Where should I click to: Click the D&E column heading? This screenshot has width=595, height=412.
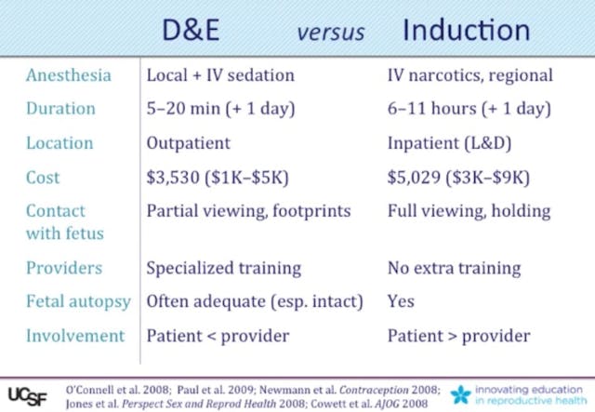(x=192, y=30)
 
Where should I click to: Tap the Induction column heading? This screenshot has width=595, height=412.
(x=466, y=30)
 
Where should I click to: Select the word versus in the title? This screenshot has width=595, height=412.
(x=330, y=33)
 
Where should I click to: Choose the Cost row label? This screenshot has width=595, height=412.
(x=43, y=177)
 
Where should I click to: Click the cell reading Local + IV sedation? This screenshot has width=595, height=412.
(x=220, y=75)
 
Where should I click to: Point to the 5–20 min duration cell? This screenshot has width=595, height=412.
(x=220, y=109)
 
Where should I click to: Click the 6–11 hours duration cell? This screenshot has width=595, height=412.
(x=470, y=109)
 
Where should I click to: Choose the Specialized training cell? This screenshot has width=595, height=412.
(x=224, y=268)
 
